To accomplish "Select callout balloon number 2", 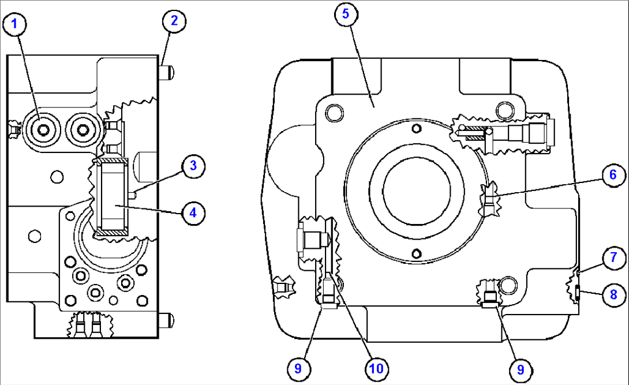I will pos(174,21).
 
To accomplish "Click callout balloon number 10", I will pos(376,367).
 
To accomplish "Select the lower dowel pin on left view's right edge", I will pos(167,318).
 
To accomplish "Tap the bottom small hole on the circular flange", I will pos(415,251).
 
